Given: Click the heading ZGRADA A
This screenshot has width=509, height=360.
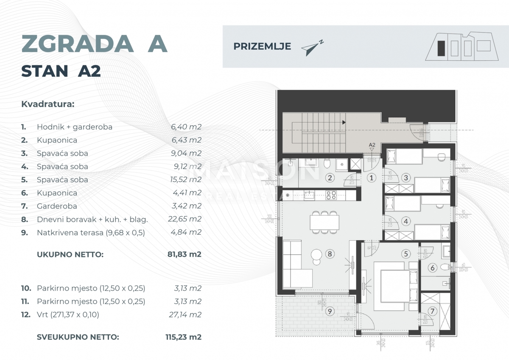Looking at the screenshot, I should click(x=94, y=44).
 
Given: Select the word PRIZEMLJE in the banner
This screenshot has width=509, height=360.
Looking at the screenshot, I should click(x=262, y=47).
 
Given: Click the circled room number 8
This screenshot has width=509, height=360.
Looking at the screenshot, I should click(x=330, y=254).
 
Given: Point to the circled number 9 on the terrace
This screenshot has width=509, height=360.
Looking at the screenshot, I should click(x=330, y=312).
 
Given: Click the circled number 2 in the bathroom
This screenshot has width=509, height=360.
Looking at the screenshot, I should click(x=330, y=178).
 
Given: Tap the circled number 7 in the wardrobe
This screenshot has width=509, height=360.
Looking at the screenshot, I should click(x=432, y=312).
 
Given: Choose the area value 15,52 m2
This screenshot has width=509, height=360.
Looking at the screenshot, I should click(x=184, y=180).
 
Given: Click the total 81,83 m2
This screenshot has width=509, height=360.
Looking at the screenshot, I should click(x=184, y=255).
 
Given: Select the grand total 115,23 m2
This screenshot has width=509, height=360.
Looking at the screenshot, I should click(x=183, y=337).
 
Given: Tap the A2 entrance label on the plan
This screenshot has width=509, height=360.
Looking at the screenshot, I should click(x=372, y=145).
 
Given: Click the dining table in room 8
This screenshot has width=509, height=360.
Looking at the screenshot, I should click(x=324, y=222).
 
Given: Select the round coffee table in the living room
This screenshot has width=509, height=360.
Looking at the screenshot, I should click(x=317, y=255).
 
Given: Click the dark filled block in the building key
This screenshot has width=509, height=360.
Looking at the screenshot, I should click(x=442, y=48).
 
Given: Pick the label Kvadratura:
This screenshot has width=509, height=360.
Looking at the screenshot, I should click(x=48, y=104).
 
